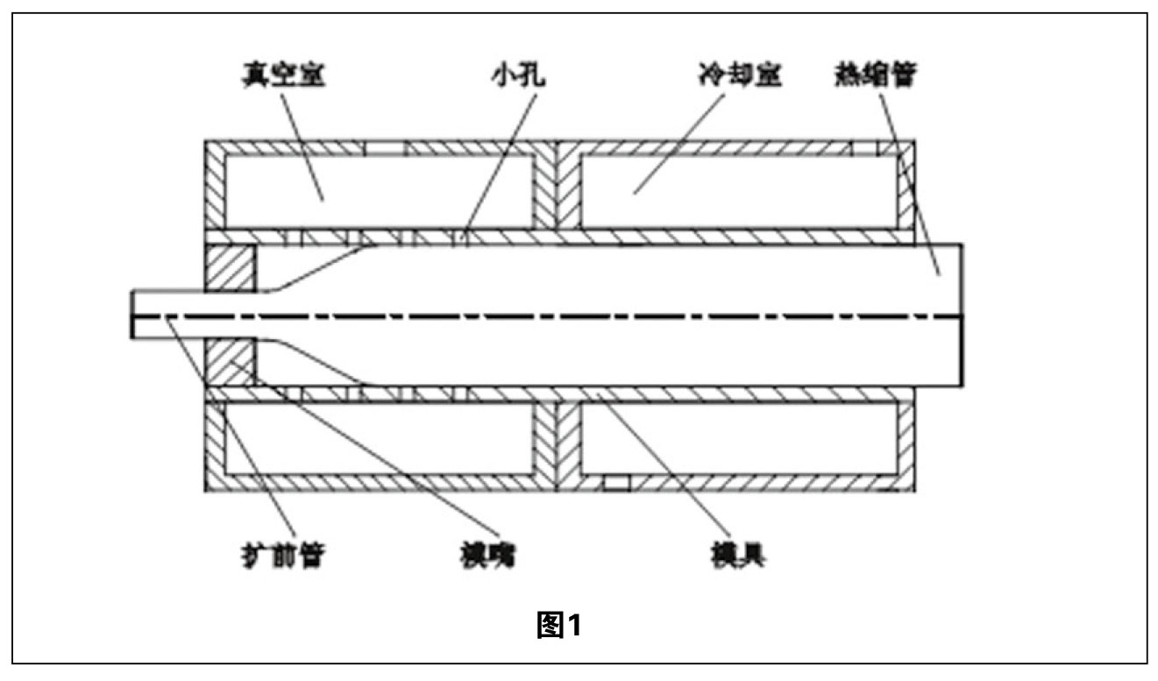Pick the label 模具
point(730,554)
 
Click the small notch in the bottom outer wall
point(616,482)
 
